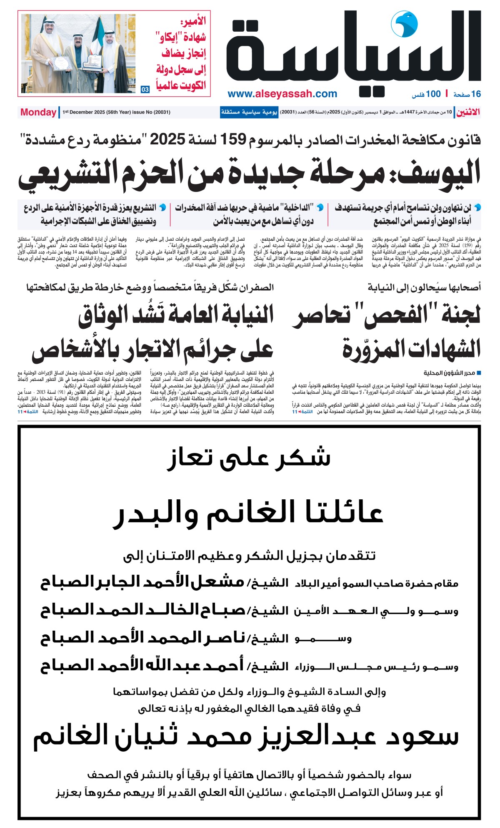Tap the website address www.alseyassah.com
(282, 94)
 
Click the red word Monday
(38, 112)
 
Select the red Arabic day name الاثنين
(468, 112)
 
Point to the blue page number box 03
(145, 89)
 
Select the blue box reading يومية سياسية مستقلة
(249, 112)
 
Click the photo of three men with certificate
(79, 53)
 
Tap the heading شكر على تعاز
(249, 458)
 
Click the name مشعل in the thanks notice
(217, 582)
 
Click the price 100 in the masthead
(433, 94)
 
